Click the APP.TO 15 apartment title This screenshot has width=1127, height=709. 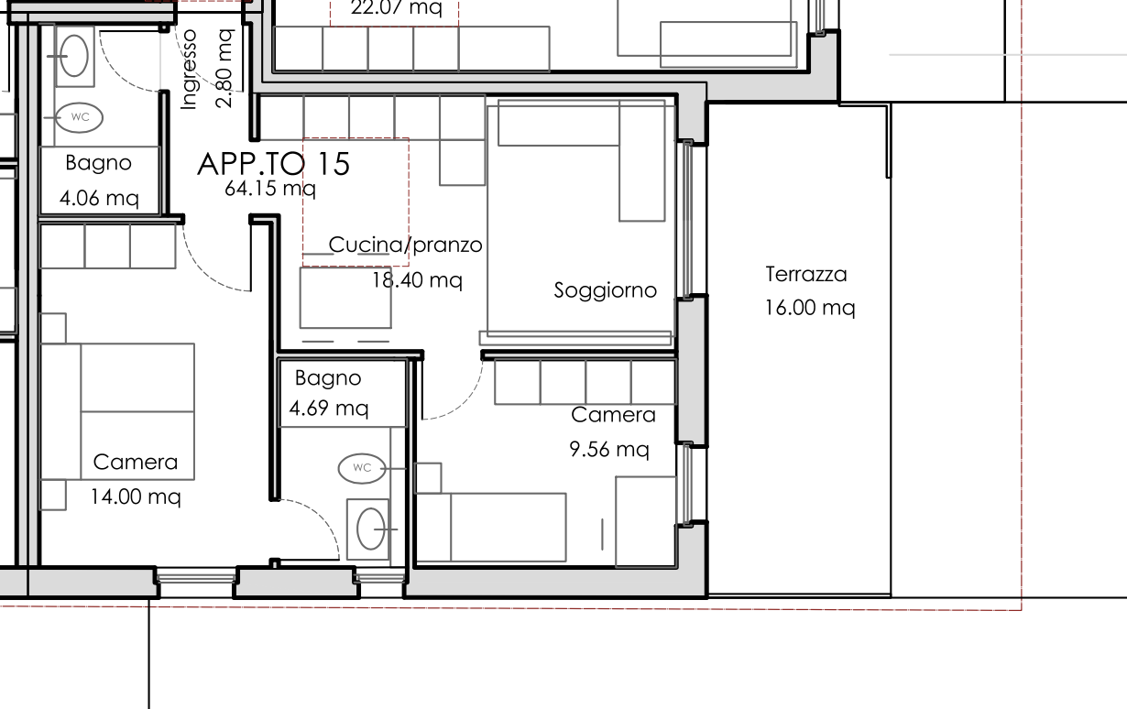click(273, 164)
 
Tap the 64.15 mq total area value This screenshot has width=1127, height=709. click(269, 189)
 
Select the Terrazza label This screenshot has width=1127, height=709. click(806, 274)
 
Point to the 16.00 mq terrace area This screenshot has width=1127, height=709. click(810, 308)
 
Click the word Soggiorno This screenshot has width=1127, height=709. click(605, 290)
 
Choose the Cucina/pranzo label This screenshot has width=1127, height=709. click(405, 245)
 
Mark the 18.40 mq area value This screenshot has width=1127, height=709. click(416, 280)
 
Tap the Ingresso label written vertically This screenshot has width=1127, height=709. click(190, 69)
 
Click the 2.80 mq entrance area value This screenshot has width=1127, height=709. click(224, 68)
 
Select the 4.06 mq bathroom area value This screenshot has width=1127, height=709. click(99, 198)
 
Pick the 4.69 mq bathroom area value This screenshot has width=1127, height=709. click(329, 408)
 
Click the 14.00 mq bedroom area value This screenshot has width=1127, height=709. click(136, 496)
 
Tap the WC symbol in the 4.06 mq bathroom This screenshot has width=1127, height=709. click(79, 117)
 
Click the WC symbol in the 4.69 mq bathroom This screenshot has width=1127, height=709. click(362, 468)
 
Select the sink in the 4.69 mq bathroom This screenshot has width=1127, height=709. click(370, 529)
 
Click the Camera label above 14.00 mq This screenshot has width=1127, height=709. click(136, 463)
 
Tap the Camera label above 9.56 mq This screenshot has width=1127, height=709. click(613, 415)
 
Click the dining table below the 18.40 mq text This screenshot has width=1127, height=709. click(346, 298)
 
